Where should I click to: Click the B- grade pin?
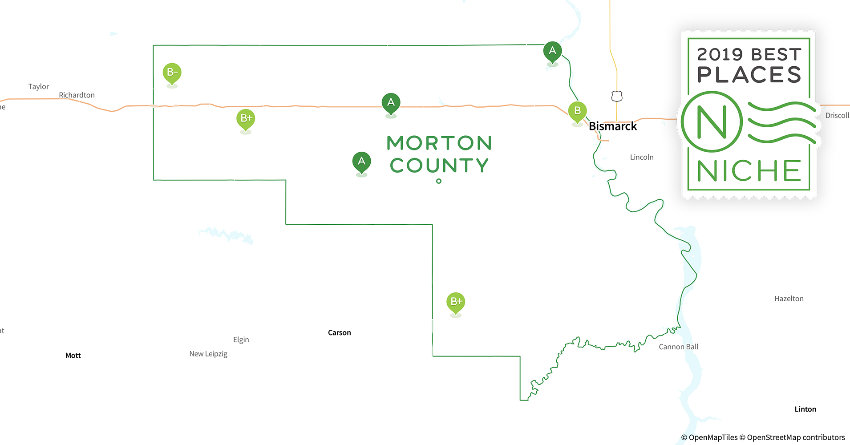pyautogui.click(x=172, y=73)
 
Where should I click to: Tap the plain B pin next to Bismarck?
pyautogui.click(x=577, y=111)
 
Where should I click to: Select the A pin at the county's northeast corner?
pyautogui.click(x=552, y=51)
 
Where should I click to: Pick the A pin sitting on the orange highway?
pyautogui.click(x=391, y=103)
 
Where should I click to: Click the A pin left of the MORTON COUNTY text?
pyautogui.click(x=361, y=162)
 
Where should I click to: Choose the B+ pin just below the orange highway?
pyautogui.click(x=246, y=118)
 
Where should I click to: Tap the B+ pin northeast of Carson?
pyautogui.click(x=456, y=302)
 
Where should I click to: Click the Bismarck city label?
pyautogui.click(x=612, y=126)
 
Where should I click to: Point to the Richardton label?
pyautogui.click(x=77, y=95)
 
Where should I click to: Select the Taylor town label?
pyautogui.click(x=38, y=87)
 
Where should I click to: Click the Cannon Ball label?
pyautogui.click(x=678, y=347)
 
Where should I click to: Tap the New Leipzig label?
pyautogui.click(x=208, y=354)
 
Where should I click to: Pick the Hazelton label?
pyautogui.click(x=789, y=299)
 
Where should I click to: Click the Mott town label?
pyautogui.click(x=73, y=356)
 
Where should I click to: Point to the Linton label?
pyautogui.click(x=805, y=409)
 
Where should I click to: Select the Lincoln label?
pyautogui.click(x=642, y=157)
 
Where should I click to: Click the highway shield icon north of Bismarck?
pyautogui.click(x=617, y=96)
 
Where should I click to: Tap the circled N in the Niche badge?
pyautogui.click(x=712, y=121)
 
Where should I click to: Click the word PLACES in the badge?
pyautogui.click(x=749, y=75)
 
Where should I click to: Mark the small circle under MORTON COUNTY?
pyautogui.click(x=439, y=181)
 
